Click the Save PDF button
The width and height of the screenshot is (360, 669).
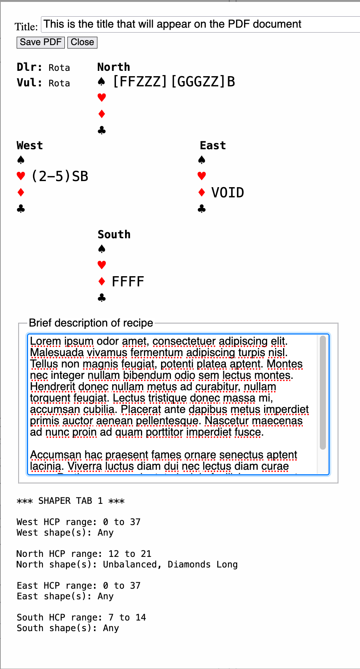pyautogui.click(x=41, y=42)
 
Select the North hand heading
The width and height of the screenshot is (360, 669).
pyautogui.click(x=114, y=67)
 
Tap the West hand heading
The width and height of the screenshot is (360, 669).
pyautogui.click(x=30, y=145)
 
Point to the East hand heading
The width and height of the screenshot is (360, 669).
pyautogui.click(x=213, y=145)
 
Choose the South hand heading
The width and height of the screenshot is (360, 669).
pyautogui.click(x=114, y=234)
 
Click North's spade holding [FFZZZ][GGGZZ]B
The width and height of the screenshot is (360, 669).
pyautogui.click(x=174, y=81)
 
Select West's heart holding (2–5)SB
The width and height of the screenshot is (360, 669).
pyautogui.click(x=60, y=176)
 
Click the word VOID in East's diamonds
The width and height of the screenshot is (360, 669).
pyautogui.click(x=227, y=192)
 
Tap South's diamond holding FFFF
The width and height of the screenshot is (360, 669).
pyautogui.click(x=128, y=281)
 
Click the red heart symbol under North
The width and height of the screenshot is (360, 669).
pyautogui.click(x=102, y=98)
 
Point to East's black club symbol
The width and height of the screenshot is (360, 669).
pyautogui.click(x=202, y=209)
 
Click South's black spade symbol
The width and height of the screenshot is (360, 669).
pyautogui.click(x=102, y=249)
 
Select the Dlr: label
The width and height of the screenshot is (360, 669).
pyautogui.click(x=29, y=67)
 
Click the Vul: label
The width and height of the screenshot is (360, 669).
pyautogui.click(x=29, y=83)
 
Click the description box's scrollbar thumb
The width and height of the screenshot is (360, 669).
pyautogui.click(x=323, y=392)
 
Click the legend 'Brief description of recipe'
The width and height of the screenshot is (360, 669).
pyautogui.click(x=91, y=323)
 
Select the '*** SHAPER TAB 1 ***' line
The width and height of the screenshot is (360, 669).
pyautogui.click(x=70, y=501)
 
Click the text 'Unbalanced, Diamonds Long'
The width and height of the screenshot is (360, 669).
pyautogui.click(x=170, y=564)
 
